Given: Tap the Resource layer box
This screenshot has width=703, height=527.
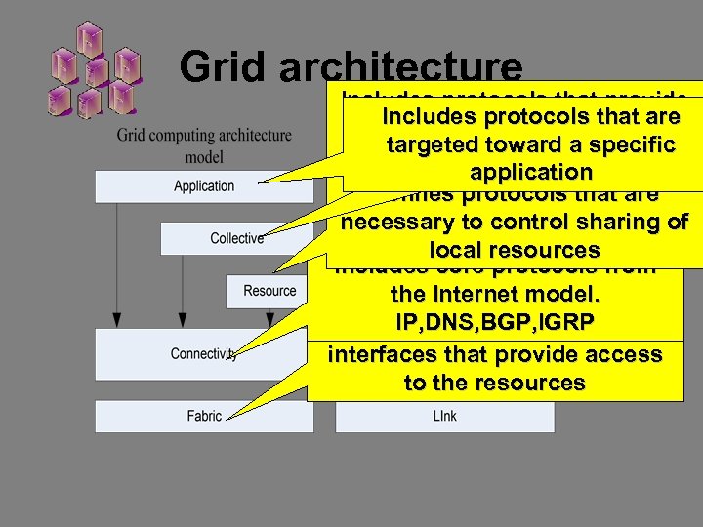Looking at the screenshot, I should coord(269,290).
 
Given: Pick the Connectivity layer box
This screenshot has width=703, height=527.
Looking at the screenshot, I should coord(204,354).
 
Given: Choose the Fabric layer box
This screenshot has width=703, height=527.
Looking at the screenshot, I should coord(204,416).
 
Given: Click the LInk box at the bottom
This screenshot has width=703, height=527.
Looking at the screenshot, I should coord(444,417).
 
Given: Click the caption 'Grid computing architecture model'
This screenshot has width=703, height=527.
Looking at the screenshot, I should coord(204,145).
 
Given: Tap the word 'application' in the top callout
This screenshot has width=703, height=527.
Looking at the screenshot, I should coord(530,173).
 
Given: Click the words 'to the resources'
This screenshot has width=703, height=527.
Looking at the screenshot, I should coord(494,383).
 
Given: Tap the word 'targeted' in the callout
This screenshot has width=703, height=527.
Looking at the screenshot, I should coord(431,145).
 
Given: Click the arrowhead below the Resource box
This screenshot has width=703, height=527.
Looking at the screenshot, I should coord(270,320).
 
